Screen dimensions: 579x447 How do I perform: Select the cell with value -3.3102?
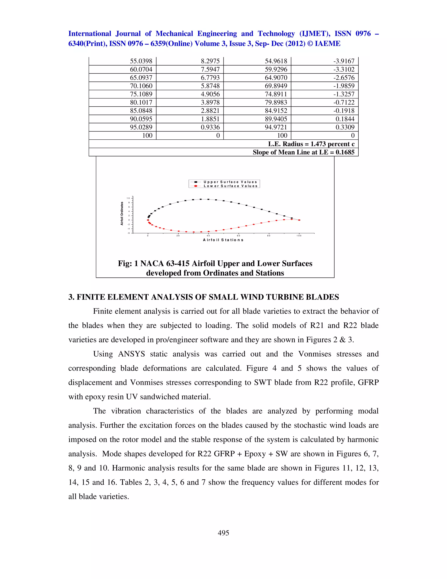(x=344, y=69)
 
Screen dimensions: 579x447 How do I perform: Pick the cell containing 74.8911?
(x=276, y=94)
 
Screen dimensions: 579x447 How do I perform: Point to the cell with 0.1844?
(x=345, y=119)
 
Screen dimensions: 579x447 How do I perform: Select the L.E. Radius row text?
(x=311, y=144)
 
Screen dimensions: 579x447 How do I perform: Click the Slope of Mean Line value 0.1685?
(x=345, y=152)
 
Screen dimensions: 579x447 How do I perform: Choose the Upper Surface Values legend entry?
(x=230, y=182)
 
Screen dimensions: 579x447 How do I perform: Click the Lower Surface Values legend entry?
(x=230, y=186)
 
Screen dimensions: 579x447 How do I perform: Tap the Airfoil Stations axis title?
(x=223, y=240)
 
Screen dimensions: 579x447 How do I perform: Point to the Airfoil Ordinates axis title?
(x=122, y=213)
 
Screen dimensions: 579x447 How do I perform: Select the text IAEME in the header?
(x=328, y=44)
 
